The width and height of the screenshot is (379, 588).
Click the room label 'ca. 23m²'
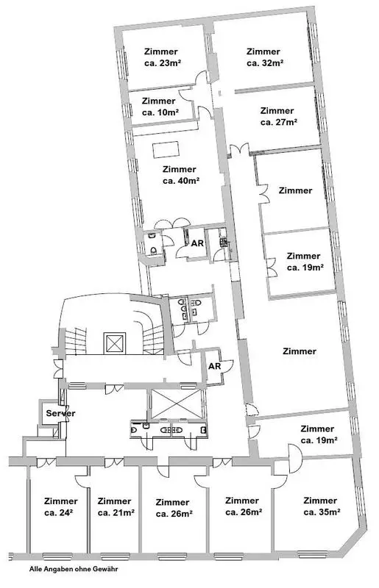[160, 64]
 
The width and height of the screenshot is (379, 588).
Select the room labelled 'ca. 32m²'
[264, 63]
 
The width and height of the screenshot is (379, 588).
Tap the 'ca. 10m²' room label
[160, 112]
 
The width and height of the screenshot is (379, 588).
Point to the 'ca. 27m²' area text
[277, 122]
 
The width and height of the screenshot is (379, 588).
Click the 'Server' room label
[61, 413]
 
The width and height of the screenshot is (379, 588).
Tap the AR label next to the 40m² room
[197, 243]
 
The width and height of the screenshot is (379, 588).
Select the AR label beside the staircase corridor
[215, 366]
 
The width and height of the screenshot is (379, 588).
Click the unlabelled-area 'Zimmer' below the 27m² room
[296, 190]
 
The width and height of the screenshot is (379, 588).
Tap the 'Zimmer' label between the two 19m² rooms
[300, 351]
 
